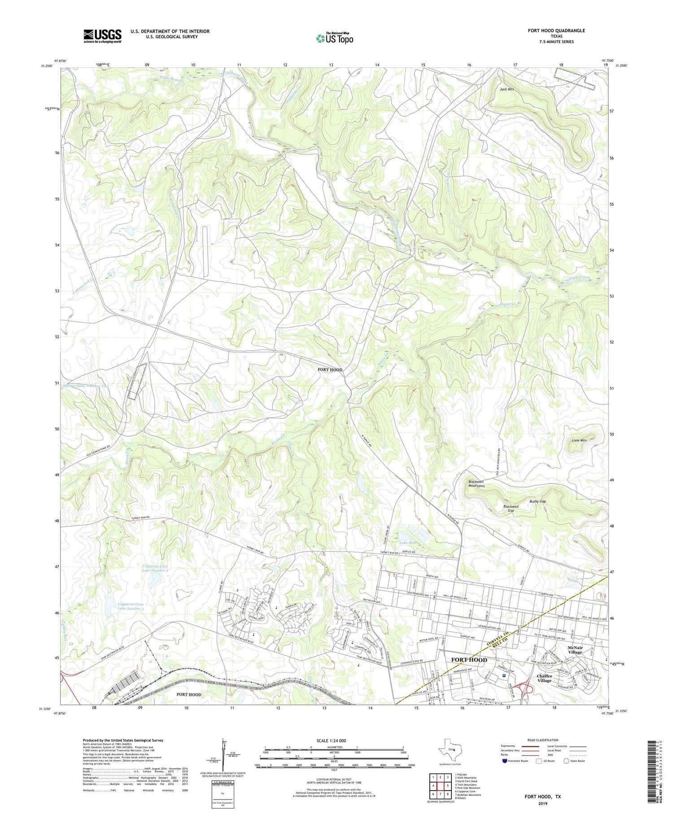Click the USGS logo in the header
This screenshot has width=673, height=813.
pos(102,36)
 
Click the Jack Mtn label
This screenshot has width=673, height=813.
pos(507,89)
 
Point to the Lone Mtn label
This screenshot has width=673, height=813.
pos(579,440)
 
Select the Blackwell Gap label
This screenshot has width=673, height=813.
pos(511,509)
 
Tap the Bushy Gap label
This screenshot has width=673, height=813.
pos(537,501)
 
